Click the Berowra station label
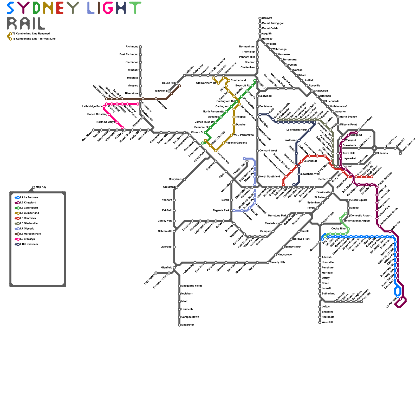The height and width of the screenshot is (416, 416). click(x=267, y=18)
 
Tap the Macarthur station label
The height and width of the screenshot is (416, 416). click(x=187, y=325)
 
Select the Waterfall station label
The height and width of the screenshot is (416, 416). click(x=327, y=322)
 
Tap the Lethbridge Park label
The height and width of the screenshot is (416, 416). click(x=92, y=107)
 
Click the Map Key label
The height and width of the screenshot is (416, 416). click(x=41, y=187)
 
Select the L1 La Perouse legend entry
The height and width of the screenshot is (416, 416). click(x=29, y=198)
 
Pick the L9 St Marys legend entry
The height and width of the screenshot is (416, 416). click(x=27, y=239)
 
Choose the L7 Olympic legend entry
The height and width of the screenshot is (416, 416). click(x=27, y=229)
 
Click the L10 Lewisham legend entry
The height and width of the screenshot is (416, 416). click(x=29, y=244)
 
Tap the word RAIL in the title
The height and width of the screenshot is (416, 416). click(x=26, y=23)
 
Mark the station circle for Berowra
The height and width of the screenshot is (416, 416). click(x=260, y=18)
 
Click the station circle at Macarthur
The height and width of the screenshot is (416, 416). click(x=179, y=325)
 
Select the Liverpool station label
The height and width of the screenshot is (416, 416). click(x=166, y=247)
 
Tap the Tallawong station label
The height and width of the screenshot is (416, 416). click(x=161, y=91)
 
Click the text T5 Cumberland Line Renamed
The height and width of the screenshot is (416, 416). click(x=31, y=34)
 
